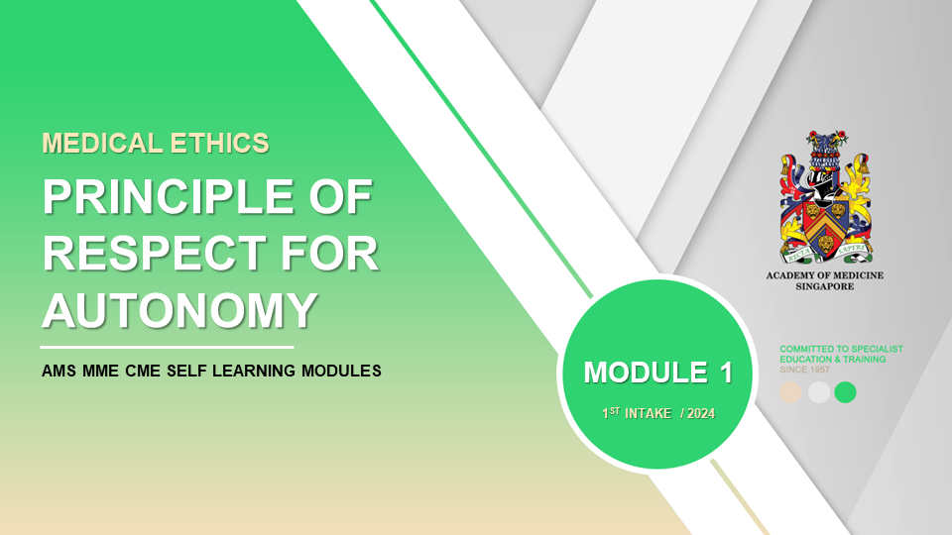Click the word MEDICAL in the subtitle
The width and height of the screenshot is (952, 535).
tap(102, 144)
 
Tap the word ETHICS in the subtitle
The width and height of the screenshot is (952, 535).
tap(220, 144)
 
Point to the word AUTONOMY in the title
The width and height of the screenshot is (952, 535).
tap(180, 310)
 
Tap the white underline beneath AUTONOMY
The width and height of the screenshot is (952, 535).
tap(167, 348)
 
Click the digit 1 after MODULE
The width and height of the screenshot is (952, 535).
tap(726, 373)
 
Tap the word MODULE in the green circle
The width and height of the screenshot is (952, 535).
tap(646, 373)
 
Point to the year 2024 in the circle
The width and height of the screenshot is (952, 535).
tap(701, 414)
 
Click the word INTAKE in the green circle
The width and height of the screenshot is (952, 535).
tap(649, 414)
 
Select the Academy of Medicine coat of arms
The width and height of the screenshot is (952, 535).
tap(825, 196)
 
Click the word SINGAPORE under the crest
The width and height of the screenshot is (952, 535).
tap(825, 286)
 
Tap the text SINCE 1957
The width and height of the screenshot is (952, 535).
tap(804, 370)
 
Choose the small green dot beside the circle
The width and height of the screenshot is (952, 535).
tap(845, 392)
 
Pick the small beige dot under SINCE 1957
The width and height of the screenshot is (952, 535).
tap(790, 392)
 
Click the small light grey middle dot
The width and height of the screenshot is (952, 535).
tap(819, 392)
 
